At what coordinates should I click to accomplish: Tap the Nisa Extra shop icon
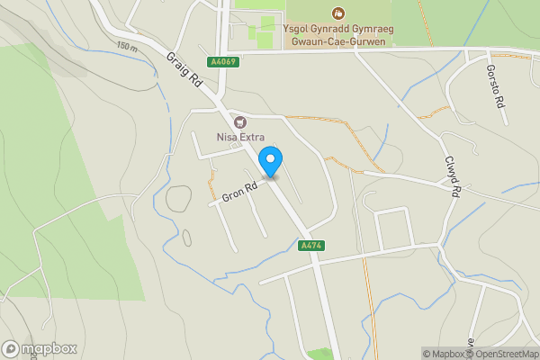[239, 121]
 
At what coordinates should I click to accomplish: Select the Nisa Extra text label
[239, 137]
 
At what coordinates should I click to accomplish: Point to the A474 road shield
[310, 246]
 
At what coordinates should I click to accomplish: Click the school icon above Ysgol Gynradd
[338, 13]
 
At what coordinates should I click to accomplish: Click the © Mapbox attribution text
[442, 354]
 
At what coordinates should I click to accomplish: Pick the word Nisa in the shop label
[226, 137]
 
